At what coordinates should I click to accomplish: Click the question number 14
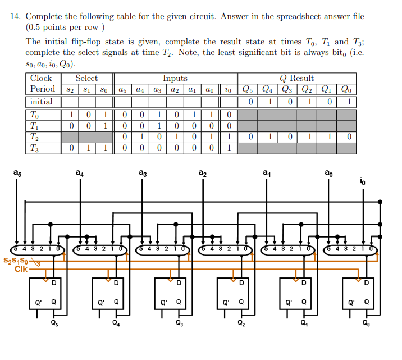15,17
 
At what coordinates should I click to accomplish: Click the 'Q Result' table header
296,78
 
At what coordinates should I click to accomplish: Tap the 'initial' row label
42,102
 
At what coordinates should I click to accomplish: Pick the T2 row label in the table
35,136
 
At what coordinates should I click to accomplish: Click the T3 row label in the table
35,148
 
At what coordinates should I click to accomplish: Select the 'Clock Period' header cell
42,84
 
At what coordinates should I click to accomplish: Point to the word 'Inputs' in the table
175,78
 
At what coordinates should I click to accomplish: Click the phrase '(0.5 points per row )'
65,27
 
